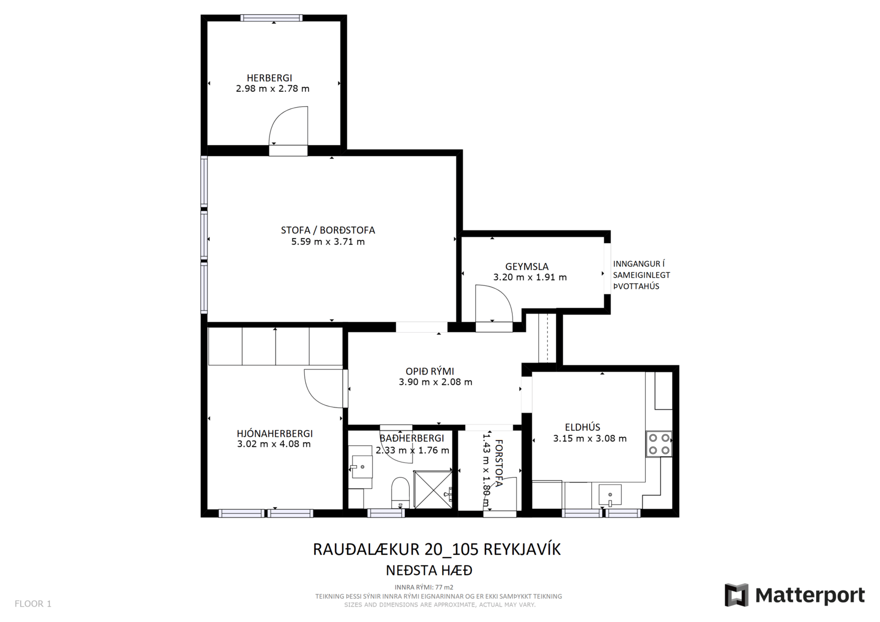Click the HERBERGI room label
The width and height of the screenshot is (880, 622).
[x=269, y=78]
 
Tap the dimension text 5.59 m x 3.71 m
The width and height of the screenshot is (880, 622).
[x=328, y=241]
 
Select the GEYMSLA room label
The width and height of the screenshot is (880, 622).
[x=526, y=267]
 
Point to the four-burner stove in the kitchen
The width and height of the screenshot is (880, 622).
[x=659, y=444]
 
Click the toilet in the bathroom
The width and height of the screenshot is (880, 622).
[x=400, y=493]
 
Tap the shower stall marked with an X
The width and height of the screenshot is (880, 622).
[x=433, y=489]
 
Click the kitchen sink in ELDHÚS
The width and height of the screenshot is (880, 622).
[x=610, y=495]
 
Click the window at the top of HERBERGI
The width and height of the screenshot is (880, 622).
[x=272, y=18]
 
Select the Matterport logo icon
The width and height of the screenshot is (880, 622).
[x=736, y=595]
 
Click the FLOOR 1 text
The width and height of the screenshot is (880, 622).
[x=33, y=604]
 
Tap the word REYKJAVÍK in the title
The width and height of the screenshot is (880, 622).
[x=522, y=549]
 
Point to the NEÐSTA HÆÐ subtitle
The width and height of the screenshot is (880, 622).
[x=429, y=570]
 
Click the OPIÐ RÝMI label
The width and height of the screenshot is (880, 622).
[x=430, y=371]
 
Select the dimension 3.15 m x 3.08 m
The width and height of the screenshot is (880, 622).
[x=590, y=438]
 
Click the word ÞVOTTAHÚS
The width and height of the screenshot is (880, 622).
[x=636, y=286]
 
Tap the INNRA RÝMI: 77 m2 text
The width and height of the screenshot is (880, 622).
[x=424, y=587]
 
